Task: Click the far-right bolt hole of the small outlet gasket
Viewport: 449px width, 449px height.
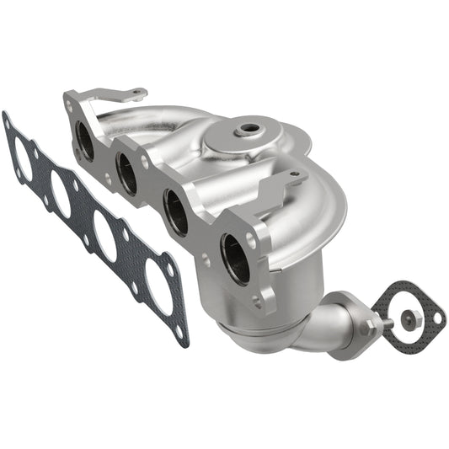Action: [436, 318]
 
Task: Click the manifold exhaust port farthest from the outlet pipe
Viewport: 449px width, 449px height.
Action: [84, 139]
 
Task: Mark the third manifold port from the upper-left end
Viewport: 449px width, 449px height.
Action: [176, 211]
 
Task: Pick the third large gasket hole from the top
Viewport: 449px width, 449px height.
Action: [105, 235]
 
